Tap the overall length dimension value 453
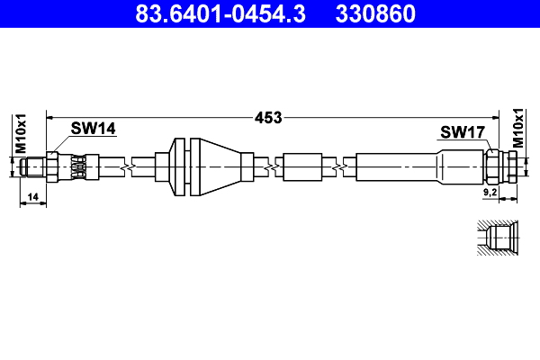(x=268, y=117)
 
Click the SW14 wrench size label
(x=94, y=129)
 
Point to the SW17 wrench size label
(x=463, y=132)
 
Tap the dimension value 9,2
(x=490, y=193)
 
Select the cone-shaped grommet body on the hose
(x=220, y=167)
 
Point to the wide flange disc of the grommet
(x=177, y=167)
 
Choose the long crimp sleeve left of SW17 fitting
(x=396, y=167)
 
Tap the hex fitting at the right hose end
(x=498, y=167)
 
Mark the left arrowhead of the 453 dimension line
(x=50, y=117)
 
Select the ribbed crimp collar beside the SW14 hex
(x=79, y=167)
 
